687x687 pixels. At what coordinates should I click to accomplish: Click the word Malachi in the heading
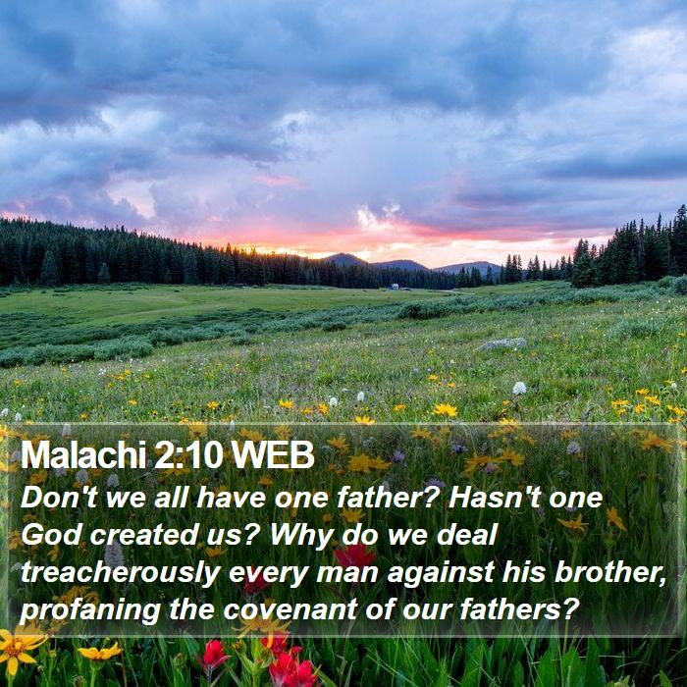click(83, 455)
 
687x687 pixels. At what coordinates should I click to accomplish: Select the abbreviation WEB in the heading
click(273, 455)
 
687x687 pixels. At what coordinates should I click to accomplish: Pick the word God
click(52, 535)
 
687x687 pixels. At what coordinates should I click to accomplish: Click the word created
click(142, 535)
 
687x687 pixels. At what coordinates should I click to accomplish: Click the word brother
click(610, 572)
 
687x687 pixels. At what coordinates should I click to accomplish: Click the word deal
click(467, 535)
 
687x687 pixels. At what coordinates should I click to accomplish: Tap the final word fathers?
click(519, 609)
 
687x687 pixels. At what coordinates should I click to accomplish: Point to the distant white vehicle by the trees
click(394, 287)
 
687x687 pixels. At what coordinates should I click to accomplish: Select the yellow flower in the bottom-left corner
click(18, 648)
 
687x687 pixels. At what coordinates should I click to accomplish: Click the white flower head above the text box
click(519, 389)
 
